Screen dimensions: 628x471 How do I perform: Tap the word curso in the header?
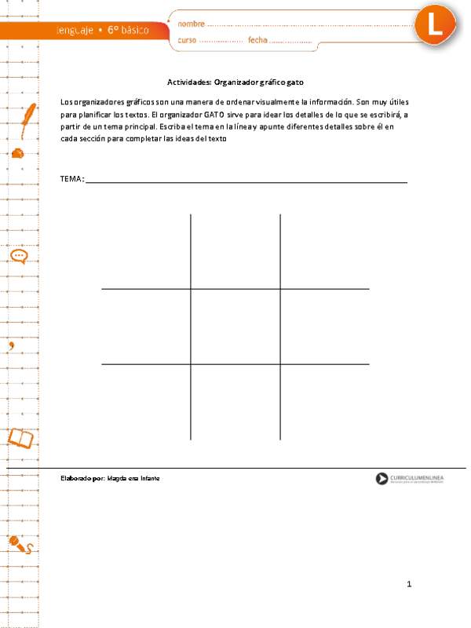(x=188, y=40)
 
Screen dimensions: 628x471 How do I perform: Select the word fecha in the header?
(x=257, y=40)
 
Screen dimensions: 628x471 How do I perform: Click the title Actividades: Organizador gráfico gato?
(x=235, y=82)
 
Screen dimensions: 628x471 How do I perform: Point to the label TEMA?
(x=71, y=180)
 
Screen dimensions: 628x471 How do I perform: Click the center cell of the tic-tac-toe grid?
(x=235, y=327)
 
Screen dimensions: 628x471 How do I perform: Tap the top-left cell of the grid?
(x=146, y=251)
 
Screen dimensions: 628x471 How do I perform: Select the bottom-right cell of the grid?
(x=325, y=402)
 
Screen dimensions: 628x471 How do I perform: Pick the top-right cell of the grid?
(x=325, y=251)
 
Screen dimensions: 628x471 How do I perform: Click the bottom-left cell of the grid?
(x=146, y=402)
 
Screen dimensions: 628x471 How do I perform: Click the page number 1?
(x=409, y=584)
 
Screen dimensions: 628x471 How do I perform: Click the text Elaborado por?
(x=82, y=478)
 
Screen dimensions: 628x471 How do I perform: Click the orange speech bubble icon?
(x=19, y=256)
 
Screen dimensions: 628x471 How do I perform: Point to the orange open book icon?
(x=20, y=436)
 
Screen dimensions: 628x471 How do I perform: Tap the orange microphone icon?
(x=17, y=542)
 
